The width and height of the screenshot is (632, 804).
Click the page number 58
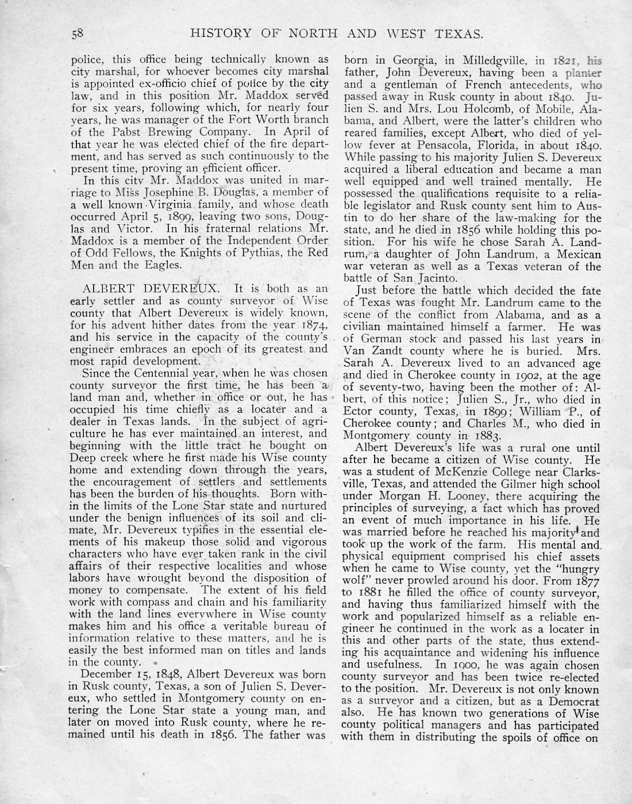click(78, 33)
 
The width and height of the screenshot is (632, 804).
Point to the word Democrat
click(574, 701)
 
